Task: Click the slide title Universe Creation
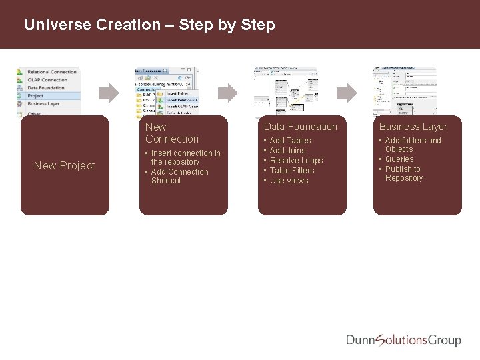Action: pyautogui.click(x=149, y=25)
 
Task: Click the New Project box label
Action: pyautogui.click(x=65, y=165)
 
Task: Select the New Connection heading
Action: pyautogui.click(x=171, y=133)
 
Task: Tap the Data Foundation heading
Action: pyautogui.click(x=301, y=127)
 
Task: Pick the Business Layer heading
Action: pyautogui.click(x=413, y=127)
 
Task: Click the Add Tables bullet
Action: pyautogui.click(x=290, y=141)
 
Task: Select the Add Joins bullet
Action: pyautogui.click(x=287, y=151)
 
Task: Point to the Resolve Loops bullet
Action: pyautogui.click(x=296, y=161)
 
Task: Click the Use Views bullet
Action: pyautogui.click(x=289, y=181)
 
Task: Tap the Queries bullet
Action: pyautogui.click(x=399, y=159)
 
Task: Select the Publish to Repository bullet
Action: pyautogui.click(x=403, y=173)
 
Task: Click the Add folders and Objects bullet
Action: pyautogui.click(x=413, y=145)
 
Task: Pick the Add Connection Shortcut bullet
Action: pyautogui.click(x=179, y=176)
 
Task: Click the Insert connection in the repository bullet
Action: pyautogui.click(x=185, y=157)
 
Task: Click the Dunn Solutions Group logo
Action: pyautogui.click(x=403, y=340)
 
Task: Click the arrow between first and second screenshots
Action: pyautogui.click(x=109, y=91)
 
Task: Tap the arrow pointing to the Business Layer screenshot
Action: pyautogui.click(x=347, y=91)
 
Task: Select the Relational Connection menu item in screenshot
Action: pyautogui.click(x=52, y=72)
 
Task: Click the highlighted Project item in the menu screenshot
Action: pyautogui.click(x=36, y=96)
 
